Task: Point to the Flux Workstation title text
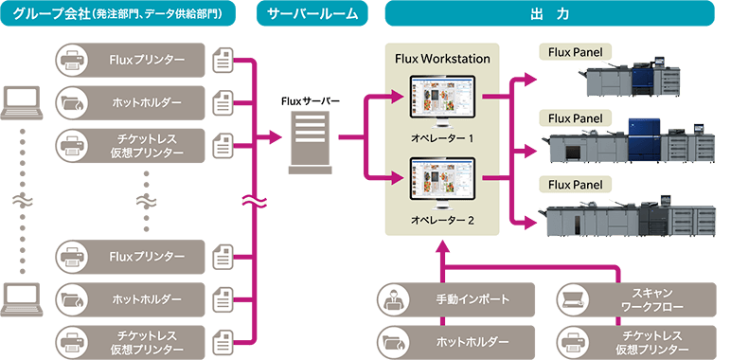click(441, 59)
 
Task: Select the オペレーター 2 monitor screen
click(441, 179)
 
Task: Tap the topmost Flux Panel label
click(575, 51)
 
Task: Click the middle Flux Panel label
click(575, 118)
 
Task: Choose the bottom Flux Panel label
click(575, 182)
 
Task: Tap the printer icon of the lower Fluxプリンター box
click(74, 256)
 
